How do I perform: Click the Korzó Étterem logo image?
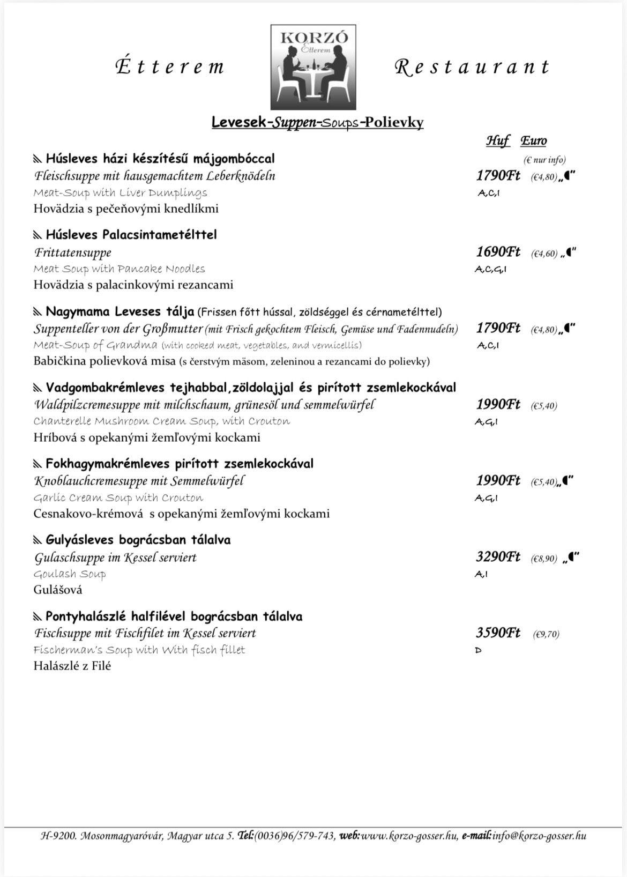click(x=313, y=68)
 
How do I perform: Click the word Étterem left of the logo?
click(x=170, y=66)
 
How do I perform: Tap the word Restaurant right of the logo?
click(x=472, y=67)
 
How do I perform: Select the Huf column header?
click(x=498, y=141)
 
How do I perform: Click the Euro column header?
click(x=534, y=141)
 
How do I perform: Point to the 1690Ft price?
click(x=498, y=252)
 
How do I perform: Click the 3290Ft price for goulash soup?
click(x=498, y=557)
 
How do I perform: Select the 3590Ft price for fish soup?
click(x=498, y=633)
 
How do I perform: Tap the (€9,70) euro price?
click(x=546, y=634)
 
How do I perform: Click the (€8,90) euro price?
click(x=544, y=559)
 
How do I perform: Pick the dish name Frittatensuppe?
click(x=73, y=252)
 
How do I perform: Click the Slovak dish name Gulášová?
click(x=58, y=590)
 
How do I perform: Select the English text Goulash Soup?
click(x=70, y=574)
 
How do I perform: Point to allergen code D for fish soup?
click(x=478, y=650)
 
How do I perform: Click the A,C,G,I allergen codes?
click(x=490, y=269)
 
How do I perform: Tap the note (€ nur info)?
click(x=544, y=160)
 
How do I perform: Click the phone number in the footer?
click(x=295, y=836)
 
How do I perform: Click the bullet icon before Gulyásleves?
click(x=38, y=540)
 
